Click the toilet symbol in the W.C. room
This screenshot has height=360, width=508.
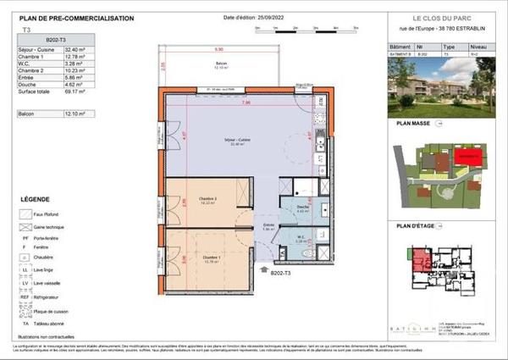coord(309,253)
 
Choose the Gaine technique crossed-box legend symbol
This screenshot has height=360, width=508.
coord(25,228)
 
